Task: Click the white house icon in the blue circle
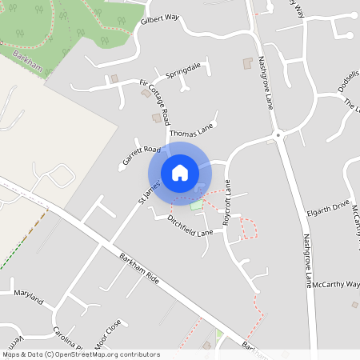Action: pos(180,172)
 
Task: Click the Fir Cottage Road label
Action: pos(155,102)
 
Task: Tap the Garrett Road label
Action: pos(142,155)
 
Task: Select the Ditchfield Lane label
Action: pos(190,226)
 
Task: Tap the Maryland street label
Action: pos(28,294)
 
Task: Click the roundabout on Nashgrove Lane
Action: pos(278,134)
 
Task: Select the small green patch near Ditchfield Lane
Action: pos(197,205)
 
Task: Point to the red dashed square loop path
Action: pos(250,228)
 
